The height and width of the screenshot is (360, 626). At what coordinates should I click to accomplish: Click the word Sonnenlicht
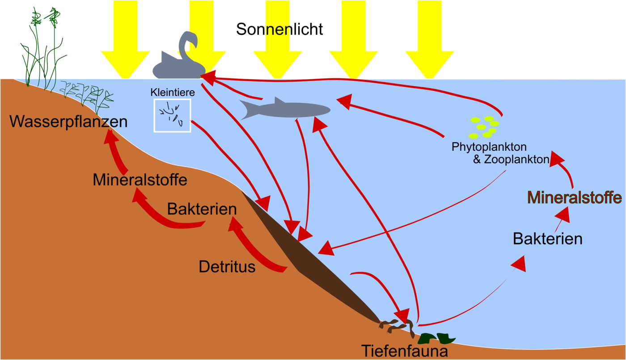[x=279, y=29]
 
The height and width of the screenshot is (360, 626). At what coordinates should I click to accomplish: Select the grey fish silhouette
[x=285, y=109]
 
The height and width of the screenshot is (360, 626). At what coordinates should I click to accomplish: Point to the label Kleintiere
[x=173, y=92]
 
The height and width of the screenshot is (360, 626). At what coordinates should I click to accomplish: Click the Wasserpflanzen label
[x=68, y=122]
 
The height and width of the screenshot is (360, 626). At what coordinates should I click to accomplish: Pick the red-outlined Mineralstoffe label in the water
[x=575, y=197]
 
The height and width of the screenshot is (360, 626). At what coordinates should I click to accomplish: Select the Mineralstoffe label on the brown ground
[x=140, y=179]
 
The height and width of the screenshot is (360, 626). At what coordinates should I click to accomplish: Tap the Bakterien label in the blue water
[x=547, y=239]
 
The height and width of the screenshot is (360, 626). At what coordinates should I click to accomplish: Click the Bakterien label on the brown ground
[x=202, y=209]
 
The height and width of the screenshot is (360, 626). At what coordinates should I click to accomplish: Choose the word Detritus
[x=227, y=267]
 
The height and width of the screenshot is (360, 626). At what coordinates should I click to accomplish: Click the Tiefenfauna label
[x=405, y=351]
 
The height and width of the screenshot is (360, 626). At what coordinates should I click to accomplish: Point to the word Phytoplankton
[x=489, y=147]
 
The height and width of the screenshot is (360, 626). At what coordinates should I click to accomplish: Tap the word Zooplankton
[x=516, y=159]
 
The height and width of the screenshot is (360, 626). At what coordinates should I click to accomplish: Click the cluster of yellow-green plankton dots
[x=484, y=127]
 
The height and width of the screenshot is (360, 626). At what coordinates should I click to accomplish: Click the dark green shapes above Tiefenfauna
[x=436, y=339]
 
